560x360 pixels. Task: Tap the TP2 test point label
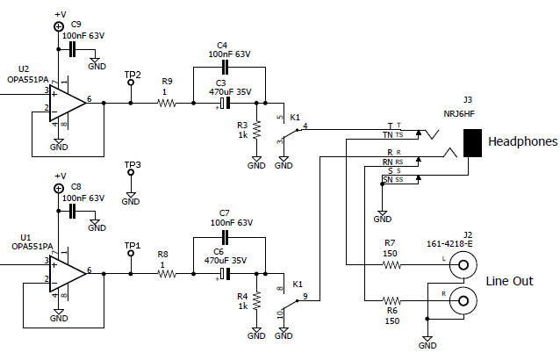click(x=133, y=76)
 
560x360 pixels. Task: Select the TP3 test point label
click(x=133, y=164)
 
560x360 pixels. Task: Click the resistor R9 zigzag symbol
click(x=167, y=103)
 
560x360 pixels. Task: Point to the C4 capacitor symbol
click(x=224, y=66)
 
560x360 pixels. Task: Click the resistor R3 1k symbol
click(x=256, y=130)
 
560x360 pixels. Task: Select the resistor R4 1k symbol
click(x=256, y=301)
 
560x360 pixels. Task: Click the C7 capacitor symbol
click(x=224, y=237)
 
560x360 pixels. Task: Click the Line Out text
click(x=509, y=281)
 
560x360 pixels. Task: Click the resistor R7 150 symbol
click(x=391, y=263)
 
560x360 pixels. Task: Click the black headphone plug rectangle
click(x=472, y=143)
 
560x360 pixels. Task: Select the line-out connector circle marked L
click(x=463, y=263)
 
